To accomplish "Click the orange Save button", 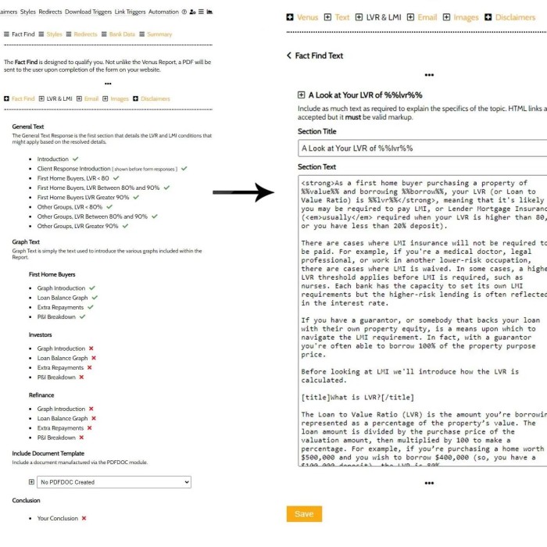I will (x=304, y=513).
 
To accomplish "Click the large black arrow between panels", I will (x=243, y=191).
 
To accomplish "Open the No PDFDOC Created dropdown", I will (x=115, y=482).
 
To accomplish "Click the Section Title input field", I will (x=422, y=148).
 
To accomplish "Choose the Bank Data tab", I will (x=121, y=34).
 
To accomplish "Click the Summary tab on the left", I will (x=159, y=34).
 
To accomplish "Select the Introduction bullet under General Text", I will (x=53, y=159).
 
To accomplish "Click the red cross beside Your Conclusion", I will (x=84, y=518).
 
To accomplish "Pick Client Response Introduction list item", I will (x=74, y=169).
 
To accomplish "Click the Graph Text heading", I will (x=26, y=242).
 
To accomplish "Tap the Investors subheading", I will (x=41, y=334).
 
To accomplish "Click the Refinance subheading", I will (x=41, y=395).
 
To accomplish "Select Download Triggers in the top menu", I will (x=88, y=12).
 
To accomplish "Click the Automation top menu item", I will (x=163, y=12).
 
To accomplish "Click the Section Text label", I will (x=316, y=166).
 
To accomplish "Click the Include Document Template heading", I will (x=48, y=453).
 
